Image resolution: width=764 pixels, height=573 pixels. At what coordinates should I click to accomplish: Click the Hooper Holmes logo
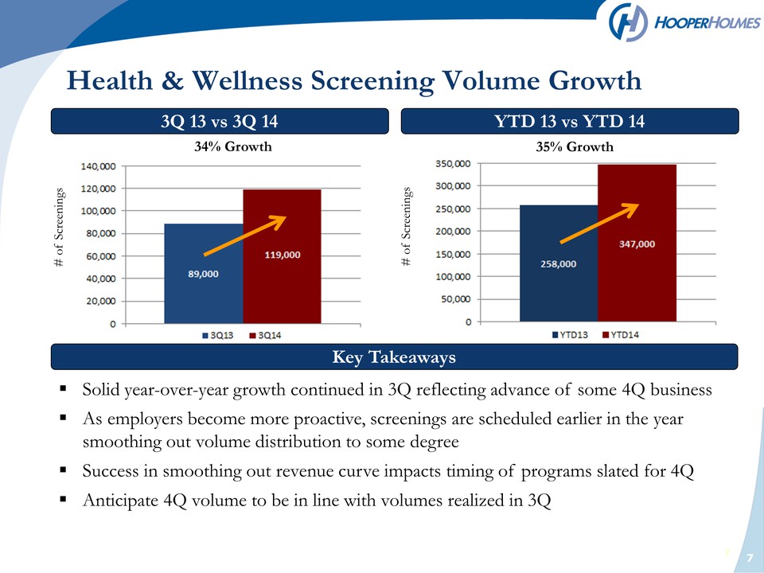click(x=684, y=22)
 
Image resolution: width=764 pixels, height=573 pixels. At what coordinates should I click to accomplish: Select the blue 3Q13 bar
click(x=204, y=273)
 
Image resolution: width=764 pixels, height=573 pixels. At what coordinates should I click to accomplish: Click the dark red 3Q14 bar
click(x=282, y=256)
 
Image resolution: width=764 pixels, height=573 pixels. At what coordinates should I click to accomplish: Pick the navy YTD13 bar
click(x=559, y=263)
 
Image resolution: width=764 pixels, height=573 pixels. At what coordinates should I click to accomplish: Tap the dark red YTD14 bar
click(x=637, y=244)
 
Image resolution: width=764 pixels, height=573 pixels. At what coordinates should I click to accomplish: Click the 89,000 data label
click(x=203, y=274)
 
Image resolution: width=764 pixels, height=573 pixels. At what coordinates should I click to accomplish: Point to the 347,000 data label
click(x=637, y=244)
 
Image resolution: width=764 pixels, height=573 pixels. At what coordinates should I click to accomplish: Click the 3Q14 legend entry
click(x=265, y=335)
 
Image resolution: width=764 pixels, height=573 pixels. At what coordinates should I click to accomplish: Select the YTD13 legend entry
click(x=570, y=335)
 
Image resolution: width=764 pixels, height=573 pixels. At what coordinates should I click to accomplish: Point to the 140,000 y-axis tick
click(x=98, y=166)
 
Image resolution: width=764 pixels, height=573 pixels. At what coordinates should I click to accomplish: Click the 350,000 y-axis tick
click(x=453, y=164)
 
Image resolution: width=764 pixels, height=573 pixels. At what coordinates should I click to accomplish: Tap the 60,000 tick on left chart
click(x=101, y=256)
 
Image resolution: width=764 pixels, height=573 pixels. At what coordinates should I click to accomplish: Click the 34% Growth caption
click(x=233, y=146)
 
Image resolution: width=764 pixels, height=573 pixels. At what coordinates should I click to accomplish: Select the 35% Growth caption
click(x=575, y=146)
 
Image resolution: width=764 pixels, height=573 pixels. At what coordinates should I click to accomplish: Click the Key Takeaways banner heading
click(x=394, y=357)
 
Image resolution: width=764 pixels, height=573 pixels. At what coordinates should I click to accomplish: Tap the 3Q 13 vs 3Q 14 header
click(x=220, y=121)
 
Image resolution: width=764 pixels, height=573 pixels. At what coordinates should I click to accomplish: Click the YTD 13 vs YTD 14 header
click(x=570, y=121)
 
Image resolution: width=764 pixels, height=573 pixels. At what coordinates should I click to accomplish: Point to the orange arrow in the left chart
click(x=244, y=236)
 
